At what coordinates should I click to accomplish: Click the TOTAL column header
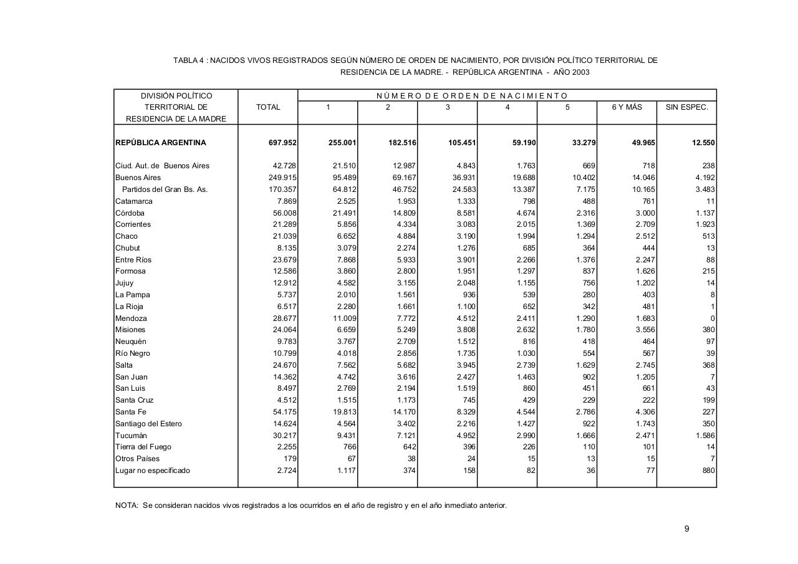coord(268,107)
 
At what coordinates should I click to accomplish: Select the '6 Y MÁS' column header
coord(627,107)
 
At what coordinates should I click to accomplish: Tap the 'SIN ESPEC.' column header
coord(686,107)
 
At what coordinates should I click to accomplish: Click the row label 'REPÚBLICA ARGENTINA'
coord(161,143)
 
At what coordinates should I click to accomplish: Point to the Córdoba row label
coord(130,213)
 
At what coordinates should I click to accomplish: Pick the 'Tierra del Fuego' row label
coord(143,447)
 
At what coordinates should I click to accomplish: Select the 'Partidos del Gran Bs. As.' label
coord(165,189)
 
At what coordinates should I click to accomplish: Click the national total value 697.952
coord(282,143)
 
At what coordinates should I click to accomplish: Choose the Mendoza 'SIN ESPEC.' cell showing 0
coord(713,318)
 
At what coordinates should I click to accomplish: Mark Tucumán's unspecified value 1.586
coord(705,436)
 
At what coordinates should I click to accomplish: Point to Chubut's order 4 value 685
coord(528,248)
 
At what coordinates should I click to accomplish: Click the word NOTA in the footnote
coord(127,505)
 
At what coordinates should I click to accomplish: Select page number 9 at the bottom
coord(686,529)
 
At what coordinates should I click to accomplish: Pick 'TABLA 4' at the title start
coord(189,60)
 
